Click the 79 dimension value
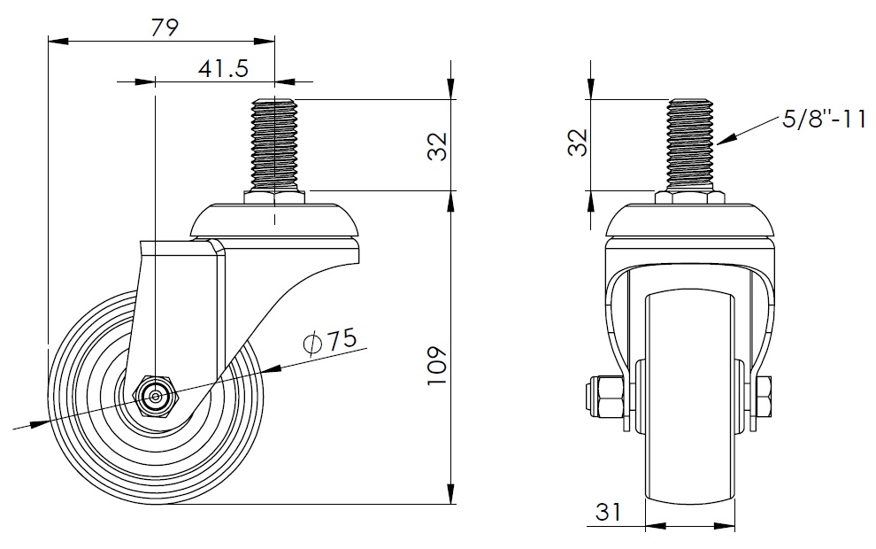(165, 27)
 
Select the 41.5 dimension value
(223, 68)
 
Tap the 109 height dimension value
(437, 366)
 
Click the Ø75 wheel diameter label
(329, 341)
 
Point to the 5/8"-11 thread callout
(824, 119)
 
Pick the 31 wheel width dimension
(609, 512)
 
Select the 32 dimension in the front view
(578, 143)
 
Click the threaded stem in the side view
(274, 144)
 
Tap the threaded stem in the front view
(690, 144)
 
